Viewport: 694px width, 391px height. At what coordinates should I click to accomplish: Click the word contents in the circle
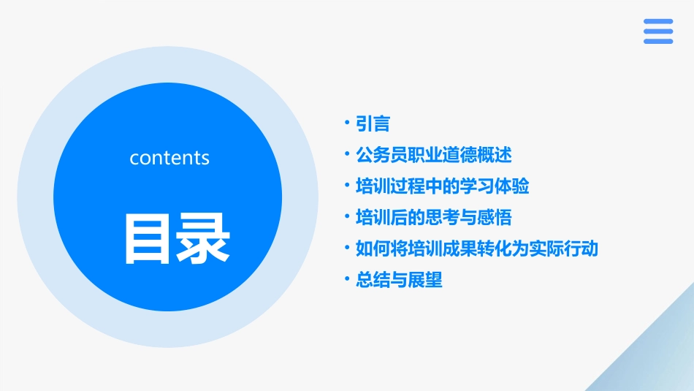pyautogui.click(x=169, y=158)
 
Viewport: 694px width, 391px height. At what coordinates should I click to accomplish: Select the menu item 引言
pyautogui.click(x=373, y=124)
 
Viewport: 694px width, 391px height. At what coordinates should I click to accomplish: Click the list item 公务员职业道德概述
pyautogui.click(x=433, y=155)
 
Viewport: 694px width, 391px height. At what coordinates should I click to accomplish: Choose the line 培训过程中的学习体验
pyautogui.click(x=442, y=186)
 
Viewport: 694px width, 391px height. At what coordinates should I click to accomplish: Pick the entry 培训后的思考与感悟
pyautogui.click(x=433, y=217)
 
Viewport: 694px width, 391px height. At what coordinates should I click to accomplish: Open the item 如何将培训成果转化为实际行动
pyautogui.click(x=476, y=248)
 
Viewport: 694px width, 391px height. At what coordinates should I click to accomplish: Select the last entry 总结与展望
pyautogui.click(x=399, y=280)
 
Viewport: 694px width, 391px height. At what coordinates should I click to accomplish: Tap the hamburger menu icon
pyautogui.click(x=658, y=31)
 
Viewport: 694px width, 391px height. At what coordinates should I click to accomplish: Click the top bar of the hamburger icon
pyautogui.click(x=658, y=21)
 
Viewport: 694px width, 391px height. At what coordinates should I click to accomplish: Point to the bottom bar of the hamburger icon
pyautogui.click(x=658, y=42)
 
